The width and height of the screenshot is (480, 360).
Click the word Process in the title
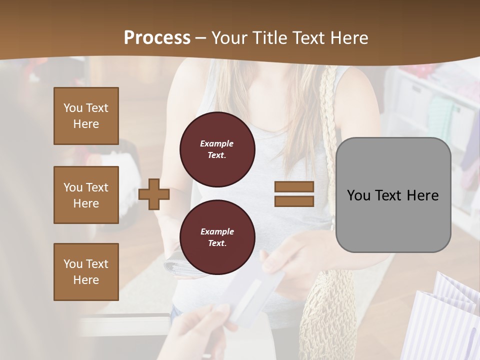click(157, 38)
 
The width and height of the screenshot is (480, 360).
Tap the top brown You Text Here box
click(86, 116)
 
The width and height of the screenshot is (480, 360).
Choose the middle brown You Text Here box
click(86, 195)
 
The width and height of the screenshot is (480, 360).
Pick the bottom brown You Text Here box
click(86, 272)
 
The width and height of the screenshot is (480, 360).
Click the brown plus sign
click(153, 194)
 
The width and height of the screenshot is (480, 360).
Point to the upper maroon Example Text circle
click(217, 149)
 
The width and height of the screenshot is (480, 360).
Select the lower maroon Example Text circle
click(217, 237)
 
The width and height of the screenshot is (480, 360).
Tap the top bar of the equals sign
click(294, 187)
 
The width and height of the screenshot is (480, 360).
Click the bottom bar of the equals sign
click(294, 201)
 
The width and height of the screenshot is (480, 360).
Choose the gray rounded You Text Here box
click(393, 195)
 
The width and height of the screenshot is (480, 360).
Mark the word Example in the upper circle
click(217, 143)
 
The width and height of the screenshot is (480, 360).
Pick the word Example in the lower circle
click(217, 231)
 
